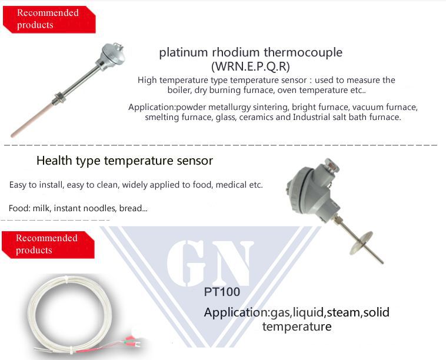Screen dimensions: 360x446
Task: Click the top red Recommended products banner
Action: click(47, 19)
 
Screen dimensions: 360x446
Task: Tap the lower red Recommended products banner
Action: click(46, 244)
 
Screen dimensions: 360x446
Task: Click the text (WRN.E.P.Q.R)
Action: click(250, 66)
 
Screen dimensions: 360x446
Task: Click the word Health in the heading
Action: click(52, 161)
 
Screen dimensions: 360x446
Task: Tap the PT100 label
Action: click(222, 292)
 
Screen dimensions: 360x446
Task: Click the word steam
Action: click(344, 312)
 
